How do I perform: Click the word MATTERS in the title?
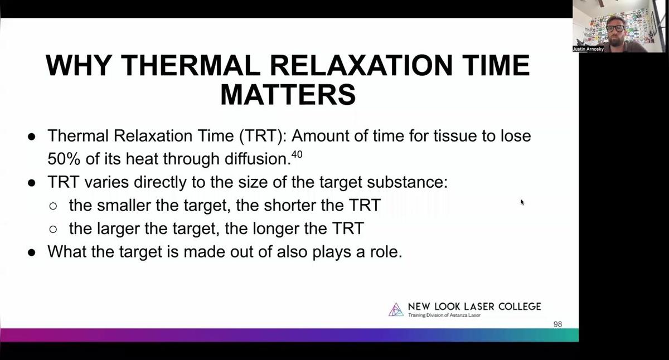point(288,95)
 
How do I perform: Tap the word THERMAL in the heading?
point(191,65)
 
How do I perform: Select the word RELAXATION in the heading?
point(361,65)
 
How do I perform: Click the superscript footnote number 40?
point(297,154)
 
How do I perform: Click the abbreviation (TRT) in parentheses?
point(263,136)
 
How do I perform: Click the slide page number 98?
point(557,324)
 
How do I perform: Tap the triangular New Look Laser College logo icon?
point(396,309)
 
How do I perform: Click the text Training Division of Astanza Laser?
point(444,315)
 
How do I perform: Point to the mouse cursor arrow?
point(522,202)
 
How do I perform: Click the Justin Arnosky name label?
point(588,49)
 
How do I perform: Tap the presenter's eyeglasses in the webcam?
point(615,29)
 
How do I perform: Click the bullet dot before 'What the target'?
point(32,252)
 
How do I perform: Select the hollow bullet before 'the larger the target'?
point(53,229)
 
